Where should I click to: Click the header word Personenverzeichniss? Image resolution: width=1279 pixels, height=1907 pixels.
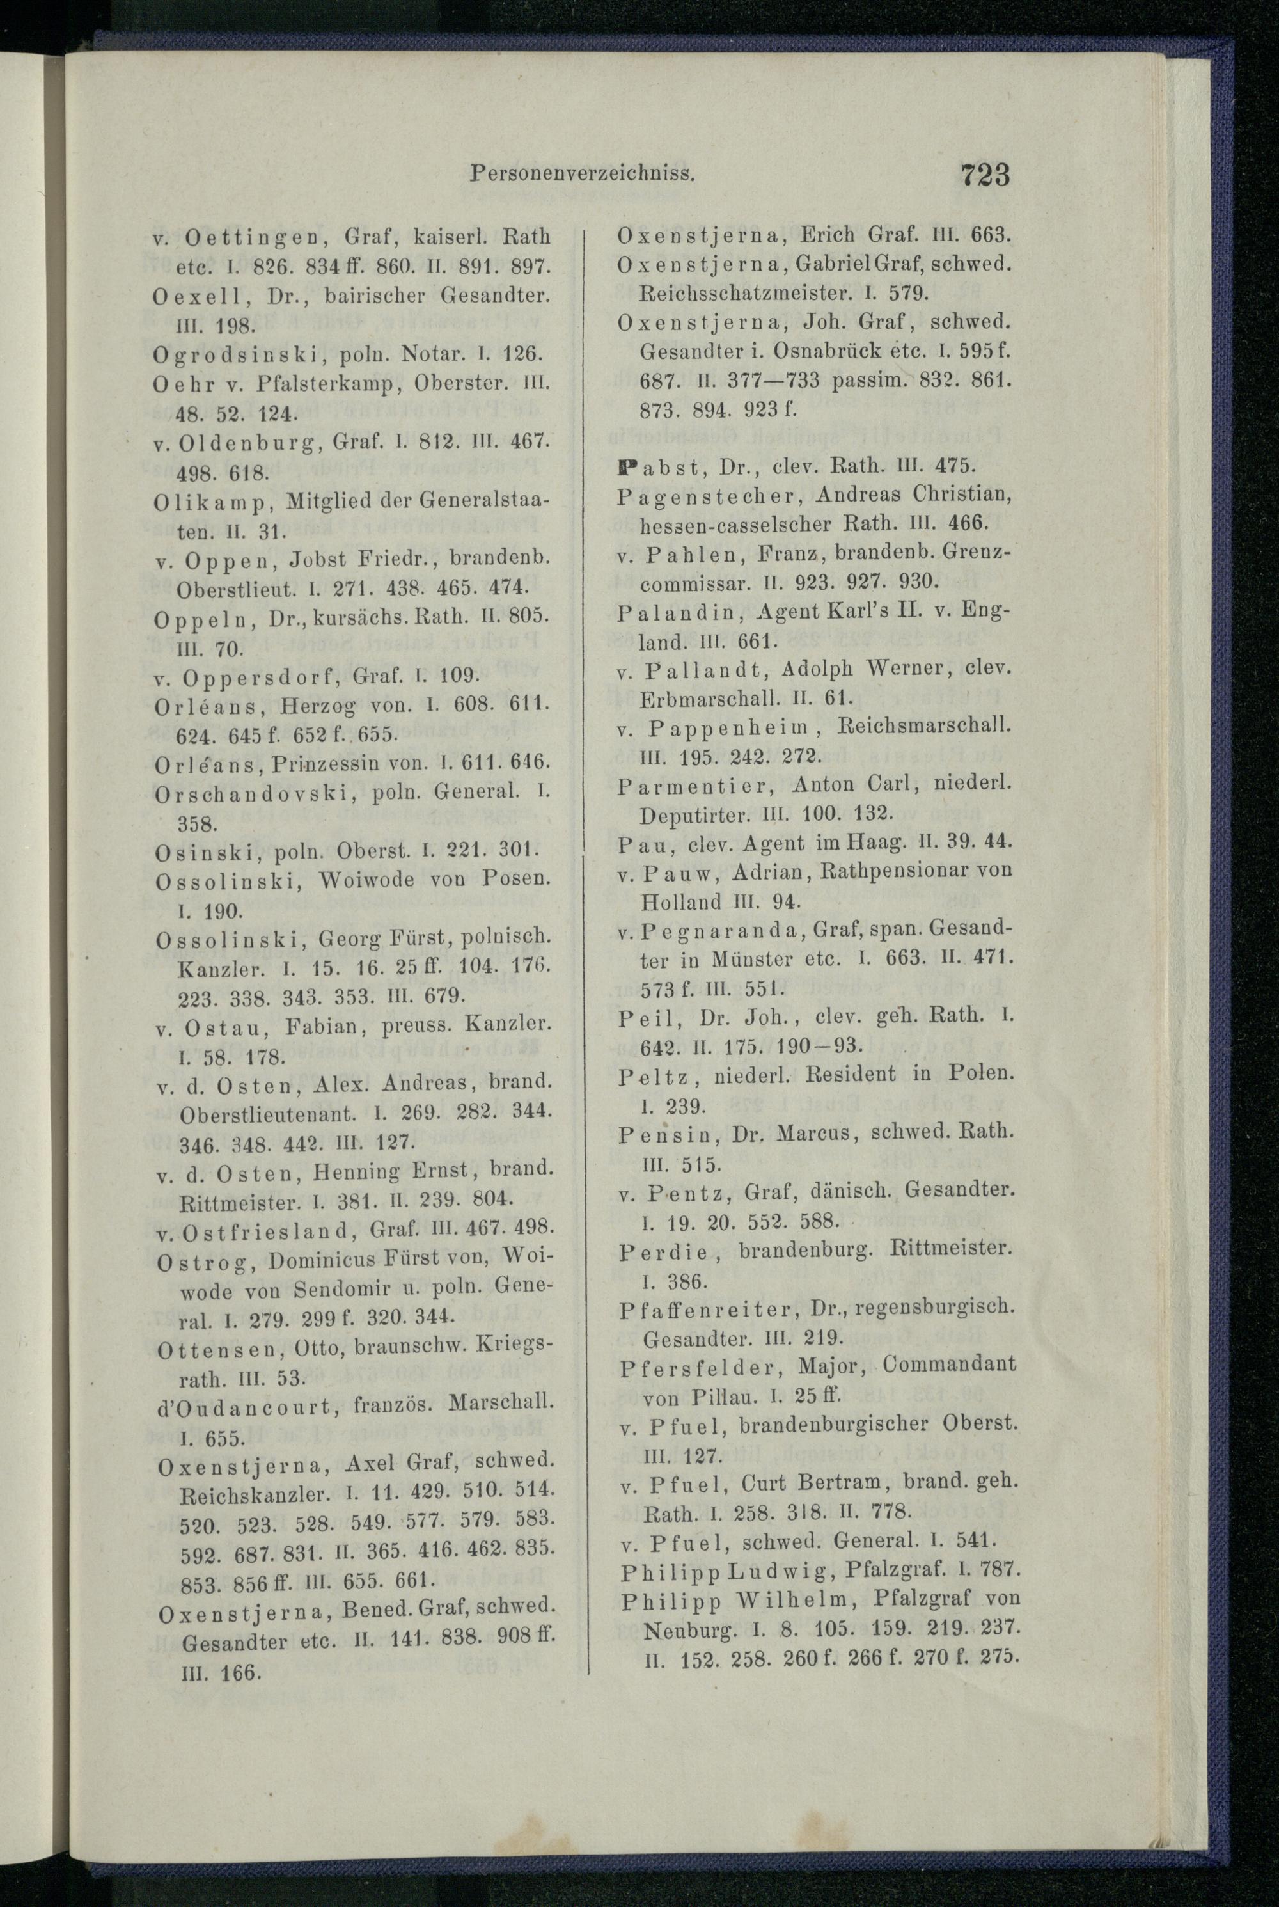click(583, 174)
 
